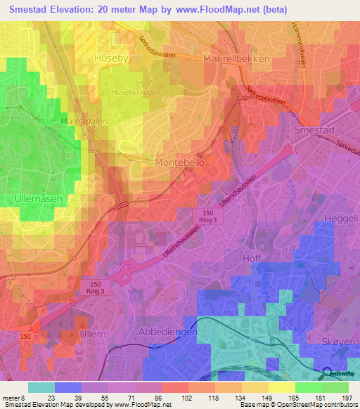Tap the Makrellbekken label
236,59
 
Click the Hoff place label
252,258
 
